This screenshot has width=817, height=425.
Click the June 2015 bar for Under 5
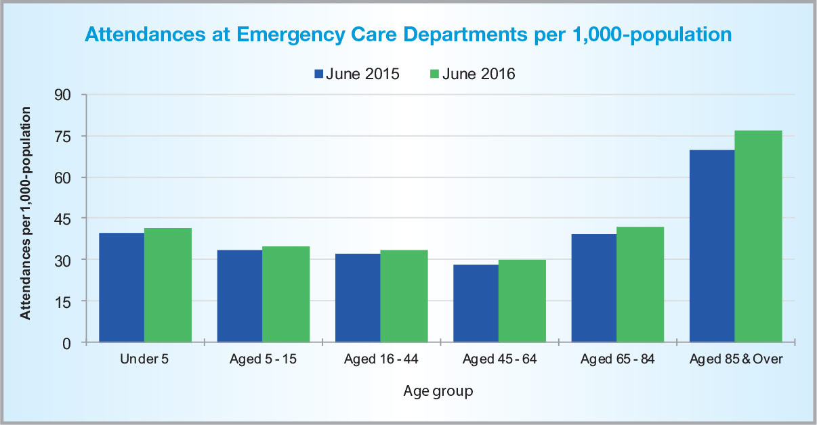(121, 288)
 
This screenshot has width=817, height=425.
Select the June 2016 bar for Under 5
(168, 285)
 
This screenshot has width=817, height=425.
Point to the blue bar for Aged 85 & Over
(711, 246)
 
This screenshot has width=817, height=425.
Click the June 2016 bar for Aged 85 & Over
(758, 236)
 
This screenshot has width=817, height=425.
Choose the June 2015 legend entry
(356, 74)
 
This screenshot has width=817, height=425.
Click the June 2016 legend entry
(472, 74)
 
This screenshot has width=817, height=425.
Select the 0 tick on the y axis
(66, 342)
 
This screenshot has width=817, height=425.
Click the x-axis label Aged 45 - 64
(499, 359)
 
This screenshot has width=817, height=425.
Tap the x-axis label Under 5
(144, 359)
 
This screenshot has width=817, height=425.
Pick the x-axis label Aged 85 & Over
(736, 359)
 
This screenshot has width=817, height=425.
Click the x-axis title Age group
(438, 391)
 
